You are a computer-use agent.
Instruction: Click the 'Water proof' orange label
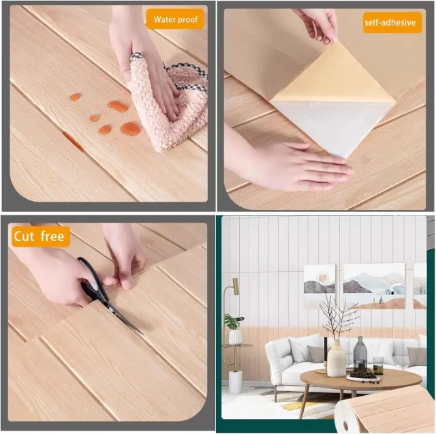175,19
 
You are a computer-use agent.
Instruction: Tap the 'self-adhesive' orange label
392,22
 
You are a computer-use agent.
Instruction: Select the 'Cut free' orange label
41,236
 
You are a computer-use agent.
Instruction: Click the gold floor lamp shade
236,286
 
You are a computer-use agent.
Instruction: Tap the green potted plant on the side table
234,322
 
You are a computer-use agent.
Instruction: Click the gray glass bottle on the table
360,353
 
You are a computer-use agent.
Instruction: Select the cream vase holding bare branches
337,358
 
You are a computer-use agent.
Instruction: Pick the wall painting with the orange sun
320,286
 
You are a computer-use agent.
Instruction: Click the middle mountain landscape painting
374,286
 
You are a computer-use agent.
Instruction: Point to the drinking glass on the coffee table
378,365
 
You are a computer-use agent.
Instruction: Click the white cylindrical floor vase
235,382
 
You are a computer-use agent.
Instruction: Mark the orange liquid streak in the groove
73,141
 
